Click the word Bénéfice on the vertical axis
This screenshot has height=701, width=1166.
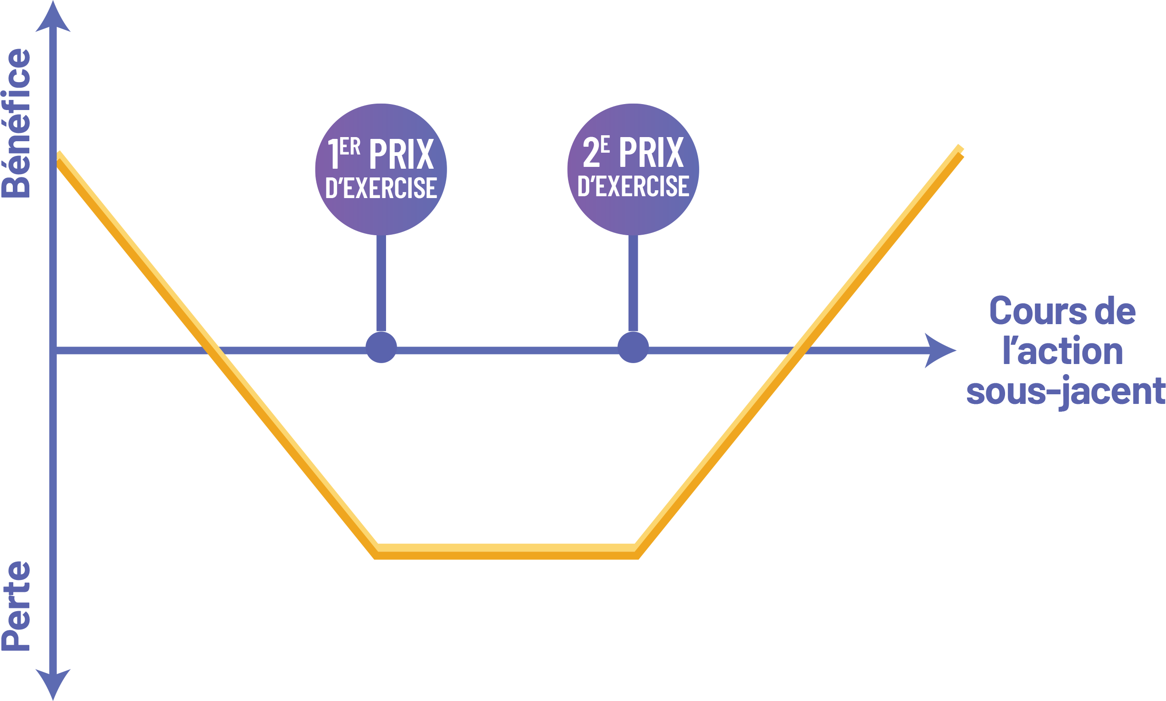[17, 125]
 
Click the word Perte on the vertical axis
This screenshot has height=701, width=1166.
[16, 606]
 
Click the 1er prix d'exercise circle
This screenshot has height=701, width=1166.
[381, 169]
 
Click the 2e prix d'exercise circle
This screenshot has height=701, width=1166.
[633, 169]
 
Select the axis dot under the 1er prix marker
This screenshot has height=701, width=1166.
[381, 348]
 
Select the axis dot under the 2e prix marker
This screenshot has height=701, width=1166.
[633, 348]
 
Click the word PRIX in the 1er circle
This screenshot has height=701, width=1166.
[401, 155]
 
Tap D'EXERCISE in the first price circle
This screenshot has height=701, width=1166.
[381, 188]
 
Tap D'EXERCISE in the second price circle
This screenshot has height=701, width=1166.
[633, 186]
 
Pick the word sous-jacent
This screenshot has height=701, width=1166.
[1065, 392]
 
